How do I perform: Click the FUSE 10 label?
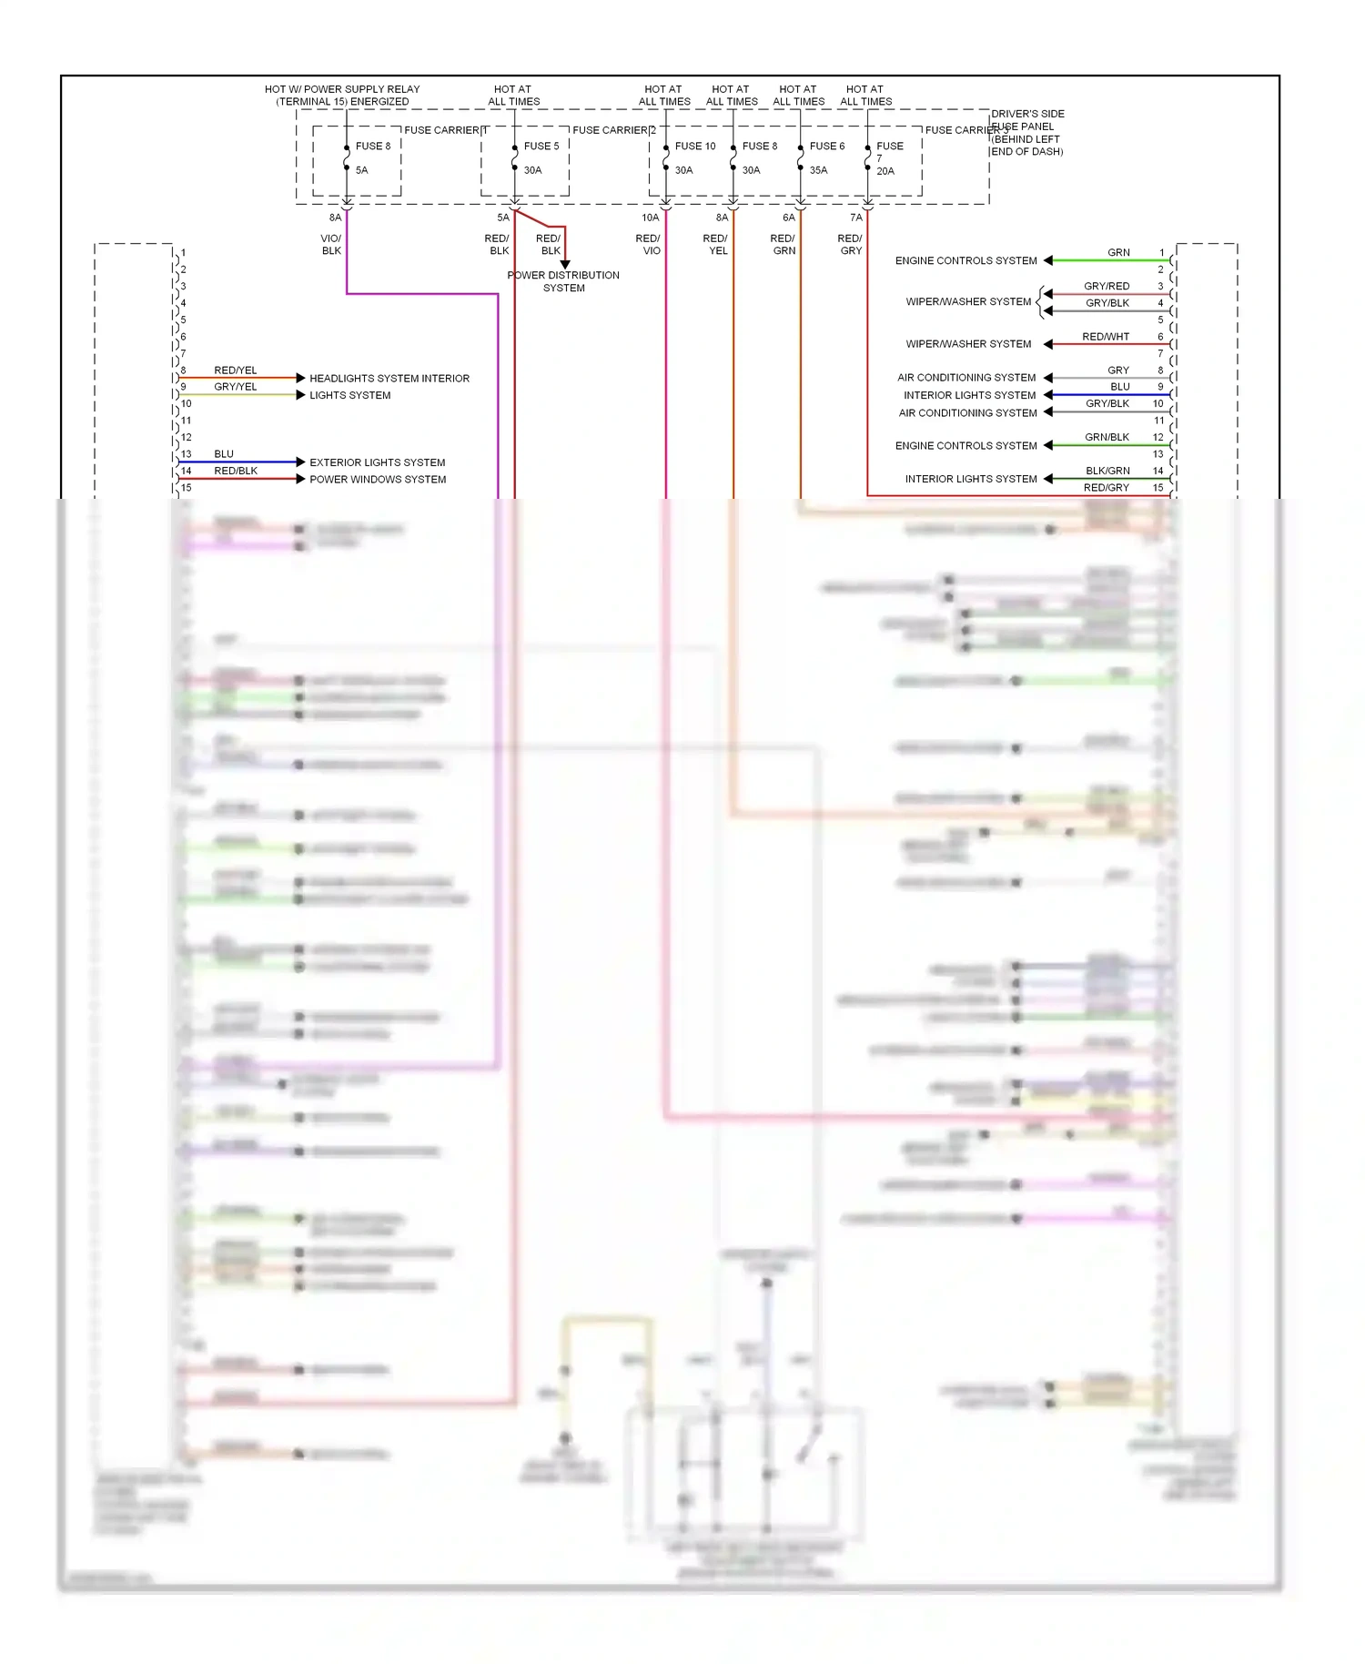695,146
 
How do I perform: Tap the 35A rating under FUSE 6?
818,170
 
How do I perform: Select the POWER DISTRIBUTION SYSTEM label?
563,281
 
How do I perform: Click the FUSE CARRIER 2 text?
613,130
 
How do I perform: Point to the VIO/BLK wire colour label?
331,244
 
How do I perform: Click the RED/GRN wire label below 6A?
783,244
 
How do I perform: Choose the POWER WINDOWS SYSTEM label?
378,480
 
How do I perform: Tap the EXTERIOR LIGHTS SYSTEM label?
377,462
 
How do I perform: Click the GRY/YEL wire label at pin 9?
236,387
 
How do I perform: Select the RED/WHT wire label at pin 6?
1106,337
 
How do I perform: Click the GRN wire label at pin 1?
1118,252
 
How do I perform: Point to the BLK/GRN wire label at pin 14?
1107,471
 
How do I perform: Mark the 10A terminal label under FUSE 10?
650,218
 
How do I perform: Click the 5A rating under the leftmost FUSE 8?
361,170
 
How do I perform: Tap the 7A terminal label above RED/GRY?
855,218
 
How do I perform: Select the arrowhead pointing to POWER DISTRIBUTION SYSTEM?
564,264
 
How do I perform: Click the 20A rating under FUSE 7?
885,171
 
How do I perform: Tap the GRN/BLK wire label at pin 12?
1107,437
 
